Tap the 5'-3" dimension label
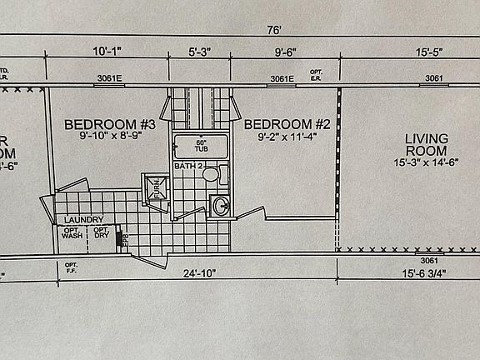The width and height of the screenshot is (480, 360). pos(200,51)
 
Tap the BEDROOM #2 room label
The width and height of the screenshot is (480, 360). pos(277,125)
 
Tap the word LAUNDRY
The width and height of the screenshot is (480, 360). pos(83,220)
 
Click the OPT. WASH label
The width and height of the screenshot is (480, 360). pos(71,233)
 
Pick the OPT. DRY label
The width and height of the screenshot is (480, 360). pos(101,233)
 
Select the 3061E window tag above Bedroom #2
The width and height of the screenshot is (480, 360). pos(282,80)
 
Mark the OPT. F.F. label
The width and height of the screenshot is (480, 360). pos(71,268)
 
